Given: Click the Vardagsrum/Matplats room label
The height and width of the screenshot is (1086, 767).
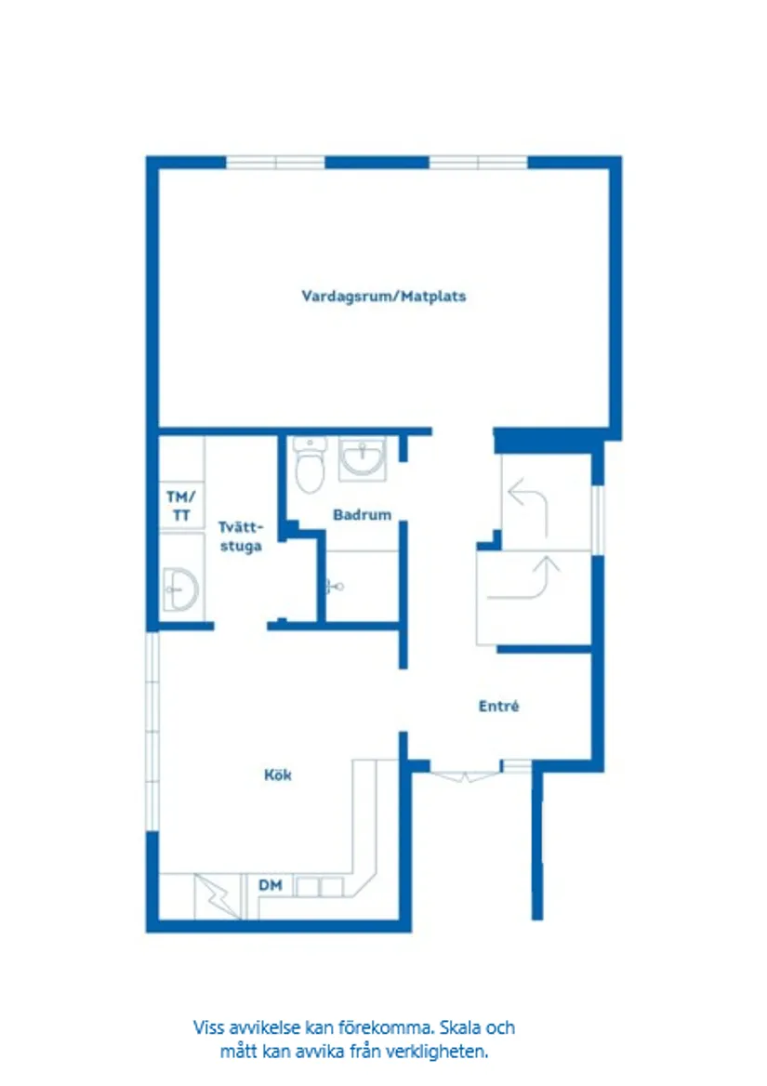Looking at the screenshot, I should coord(383,297).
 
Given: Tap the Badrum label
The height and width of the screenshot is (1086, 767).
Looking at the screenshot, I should coord(362,514).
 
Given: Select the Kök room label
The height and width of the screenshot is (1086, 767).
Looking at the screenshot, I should coord(277,774).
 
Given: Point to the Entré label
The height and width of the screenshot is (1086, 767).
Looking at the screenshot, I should coord(498,707).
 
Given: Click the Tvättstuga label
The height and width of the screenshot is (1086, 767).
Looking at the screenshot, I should coord(240,536).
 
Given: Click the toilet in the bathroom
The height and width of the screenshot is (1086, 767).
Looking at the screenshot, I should coord(308,465).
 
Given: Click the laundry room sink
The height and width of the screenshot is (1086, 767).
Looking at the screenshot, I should coord(179,589).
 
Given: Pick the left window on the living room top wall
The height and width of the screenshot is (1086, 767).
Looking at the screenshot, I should coord(275,163).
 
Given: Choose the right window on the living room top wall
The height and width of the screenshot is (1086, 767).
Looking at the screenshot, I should coord(478,163).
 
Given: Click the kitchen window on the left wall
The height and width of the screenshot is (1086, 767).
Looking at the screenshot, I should coord(152,732).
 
